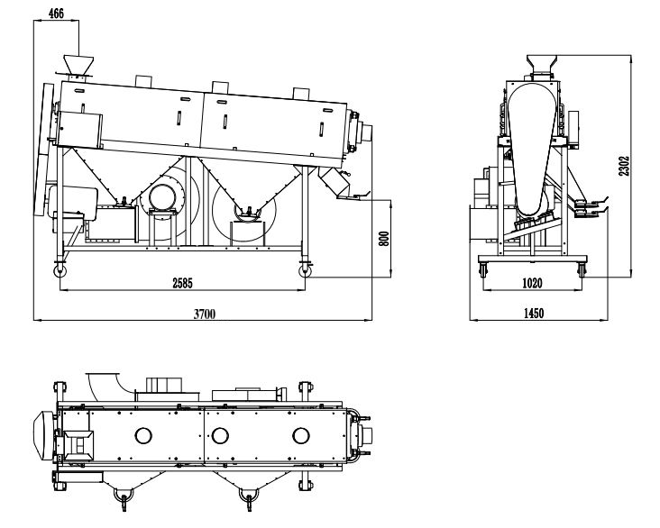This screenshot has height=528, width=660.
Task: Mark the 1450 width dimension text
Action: [x=532, y=313]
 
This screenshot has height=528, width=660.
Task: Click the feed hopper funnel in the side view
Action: [x=78, y=66]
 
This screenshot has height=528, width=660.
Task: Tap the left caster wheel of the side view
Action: [x=60, y=269]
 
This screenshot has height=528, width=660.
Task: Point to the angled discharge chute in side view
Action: [x=335, y=183]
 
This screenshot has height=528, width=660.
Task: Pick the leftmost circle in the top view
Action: [x=143, y=436]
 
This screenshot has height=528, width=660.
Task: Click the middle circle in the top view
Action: [x=220, y=436]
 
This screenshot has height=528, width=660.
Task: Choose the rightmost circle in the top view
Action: [x=299, y=436]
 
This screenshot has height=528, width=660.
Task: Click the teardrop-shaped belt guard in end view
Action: [x=528, y=144]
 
